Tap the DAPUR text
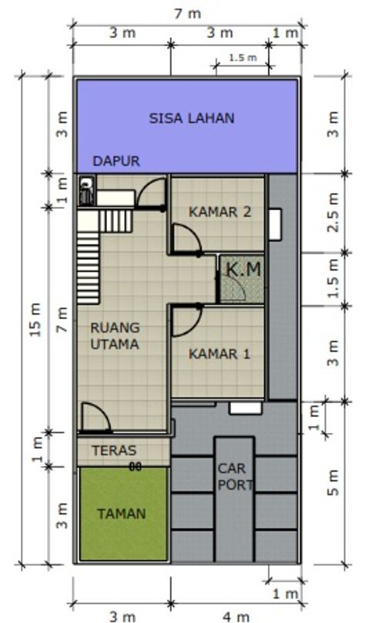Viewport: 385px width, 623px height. tap(116, 162)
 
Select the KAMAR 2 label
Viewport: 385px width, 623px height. tap(219, 212)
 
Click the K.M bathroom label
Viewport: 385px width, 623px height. tap(243, 270)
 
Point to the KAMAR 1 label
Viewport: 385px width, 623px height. tap(219, 355)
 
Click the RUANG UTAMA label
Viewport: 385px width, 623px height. tap(115, 336)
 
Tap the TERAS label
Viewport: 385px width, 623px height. tap(113, 451)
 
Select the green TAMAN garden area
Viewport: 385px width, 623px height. tap(122, 514)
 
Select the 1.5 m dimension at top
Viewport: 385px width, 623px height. tap(242, 58)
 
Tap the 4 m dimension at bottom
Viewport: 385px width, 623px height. tap(236, 615)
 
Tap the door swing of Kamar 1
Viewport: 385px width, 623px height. tap(185, 320)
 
